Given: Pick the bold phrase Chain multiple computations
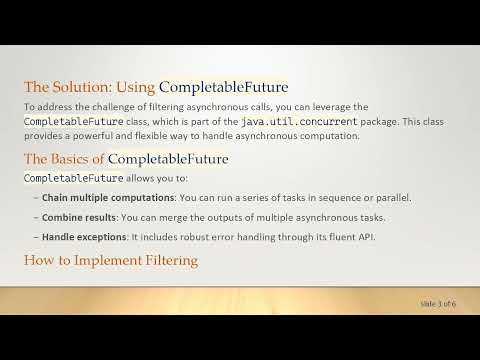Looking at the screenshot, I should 98,198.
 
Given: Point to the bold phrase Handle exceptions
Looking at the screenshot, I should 81,238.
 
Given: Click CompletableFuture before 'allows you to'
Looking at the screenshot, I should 73,178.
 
